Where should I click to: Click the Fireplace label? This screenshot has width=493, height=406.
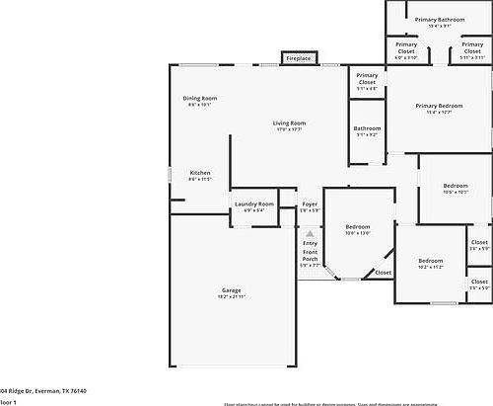tap(299, 59)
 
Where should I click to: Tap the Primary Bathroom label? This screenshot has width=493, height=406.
tap(439, 20)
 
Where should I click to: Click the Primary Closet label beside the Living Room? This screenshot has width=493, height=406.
tap(367, 79)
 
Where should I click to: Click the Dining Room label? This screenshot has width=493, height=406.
tap(199, 99)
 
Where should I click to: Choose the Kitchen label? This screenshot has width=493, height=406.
tap(199, 174)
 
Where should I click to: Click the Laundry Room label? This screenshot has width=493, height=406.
tap(253, 204)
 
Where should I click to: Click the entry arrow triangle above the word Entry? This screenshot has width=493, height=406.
tap(310, 233)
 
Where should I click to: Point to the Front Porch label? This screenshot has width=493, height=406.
tap(310, 258)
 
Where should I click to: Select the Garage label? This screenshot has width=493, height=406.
tap(231, 291)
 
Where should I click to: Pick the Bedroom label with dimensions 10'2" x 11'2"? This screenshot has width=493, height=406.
tap(432, 262)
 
